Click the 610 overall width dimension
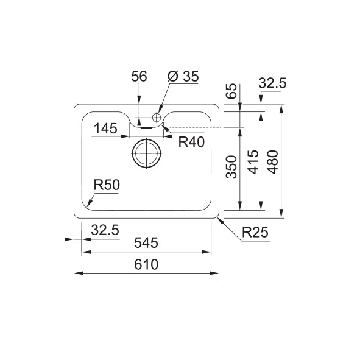[146, 264]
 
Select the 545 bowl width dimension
[146, 243]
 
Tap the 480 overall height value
[273, 162]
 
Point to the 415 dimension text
[253, 162]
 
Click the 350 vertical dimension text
[231, 167]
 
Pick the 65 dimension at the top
[231, 91]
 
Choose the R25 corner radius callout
[255, 233]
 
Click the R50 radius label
[107, 185]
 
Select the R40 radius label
[191, 142]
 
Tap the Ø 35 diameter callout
[183, 77]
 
